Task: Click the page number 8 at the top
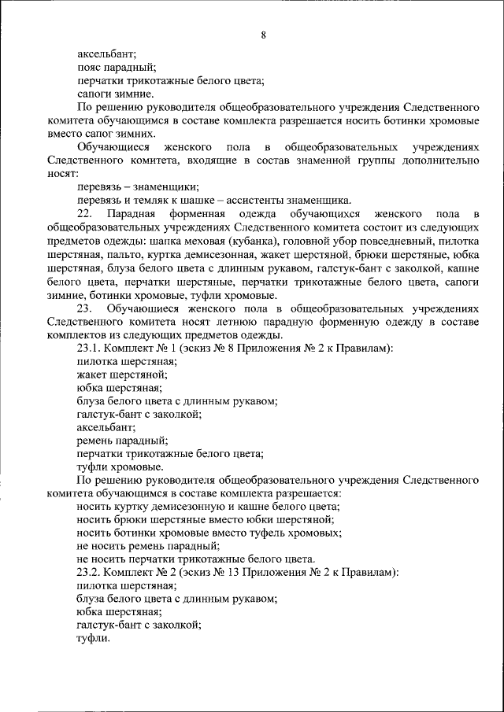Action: tap(262, 35)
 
